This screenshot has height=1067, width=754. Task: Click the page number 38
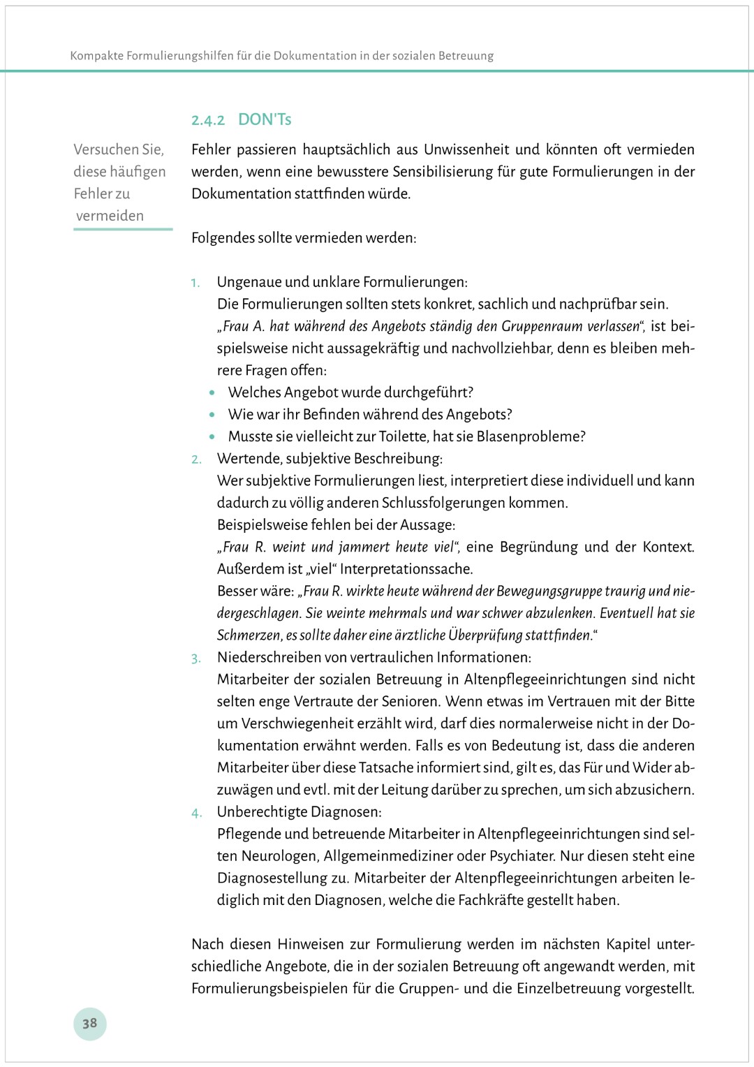[x=89, y=1024]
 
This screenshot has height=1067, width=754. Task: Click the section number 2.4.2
[x=208, y=120]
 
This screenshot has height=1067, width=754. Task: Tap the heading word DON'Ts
[x=265, y=119]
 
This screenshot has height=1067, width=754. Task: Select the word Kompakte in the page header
[x=96, y=56]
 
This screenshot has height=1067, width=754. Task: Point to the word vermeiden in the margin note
[x=110, y=216]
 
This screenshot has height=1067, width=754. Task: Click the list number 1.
[x=195, y=283]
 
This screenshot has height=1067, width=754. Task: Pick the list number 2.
[x=196, y=459]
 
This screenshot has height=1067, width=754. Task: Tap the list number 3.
[x=196, y=658]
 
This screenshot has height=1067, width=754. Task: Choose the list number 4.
[x=196, y=813]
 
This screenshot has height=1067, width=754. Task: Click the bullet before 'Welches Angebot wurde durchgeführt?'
[x=212, y=393]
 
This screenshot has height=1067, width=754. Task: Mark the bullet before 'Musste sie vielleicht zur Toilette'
[x=212, y=437]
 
